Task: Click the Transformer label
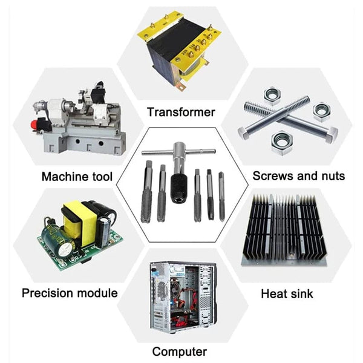[x=181, y=113]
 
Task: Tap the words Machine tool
[x=77, y=177]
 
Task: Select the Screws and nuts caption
[x=299, y=176]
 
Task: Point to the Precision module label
[x=70, y=293]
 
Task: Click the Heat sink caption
[x=287, y=293]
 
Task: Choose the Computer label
[x=180, y=352]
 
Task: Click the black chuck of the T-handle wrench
[x=178, y=188]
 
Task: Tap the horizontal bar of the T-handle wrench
[x=178, y=152]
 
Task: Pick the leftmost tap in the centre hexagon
[x=147, y=191]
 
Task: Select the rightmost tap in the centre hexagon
[x=221, y=197]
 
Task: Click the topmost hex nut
[x=272, y=96]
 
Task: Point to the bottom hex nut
[x=282, y=142]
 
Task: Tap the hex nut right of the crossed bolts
[x=322, y=112]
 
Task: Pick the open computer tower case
[x=183, y=297]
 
